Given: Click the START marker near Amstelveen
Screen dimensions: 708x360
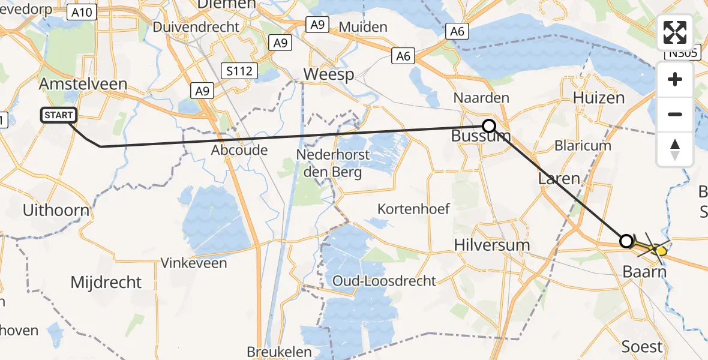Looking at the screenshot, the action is (59, 115).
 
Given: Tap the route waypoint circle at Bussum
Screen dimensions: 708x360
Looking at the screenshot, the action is (489, 126).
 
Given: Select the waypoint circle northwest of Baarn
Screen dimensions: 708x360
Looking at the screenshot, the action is (626, 241).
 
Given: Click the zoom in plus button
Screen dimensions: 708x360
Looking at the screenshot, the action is (675, 79).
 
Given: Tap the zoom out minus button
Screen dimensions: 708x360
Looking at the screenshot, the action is (675, 114).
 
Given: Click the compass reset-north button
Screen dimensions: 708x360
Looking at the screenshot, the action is (675, 149).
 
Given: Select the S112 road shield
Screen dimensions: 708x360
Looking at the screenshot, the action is (239, 71).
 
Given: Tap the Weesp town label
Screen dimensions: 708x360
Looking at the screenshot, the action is (329, 74).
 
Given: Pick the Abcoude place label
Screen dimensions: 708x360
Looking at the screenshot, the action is (239, 150).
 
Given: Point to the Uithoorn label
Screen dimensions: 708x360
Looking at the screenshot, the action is (56, 210).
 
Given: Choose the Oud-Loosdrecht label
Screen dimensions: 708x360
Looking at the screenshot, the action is (385, 281).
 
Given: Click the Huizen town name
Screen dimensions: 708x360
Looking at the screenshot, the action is (595, 97).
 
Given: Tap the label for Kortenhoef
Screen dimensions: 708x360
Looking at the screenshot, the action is (413, 209).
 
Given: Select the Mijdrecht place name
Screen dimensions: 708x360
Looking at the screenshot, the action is (106, 282).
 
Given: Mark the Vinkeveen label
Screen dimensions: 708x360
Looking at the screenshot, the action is (194, 263).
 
